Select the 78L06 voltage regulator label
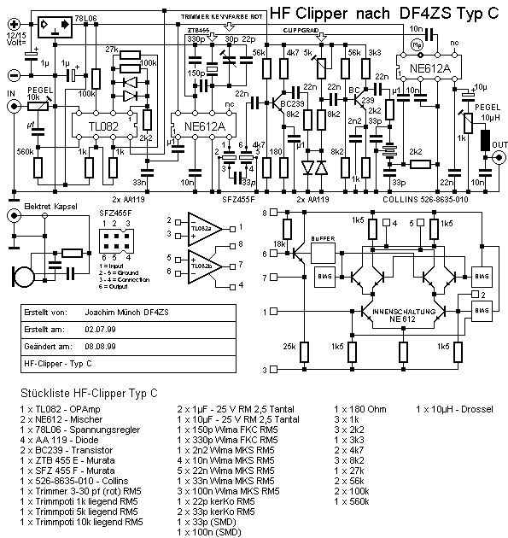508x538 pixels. coord(88,17)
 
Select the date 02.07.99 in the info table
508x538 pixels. coord(100,328)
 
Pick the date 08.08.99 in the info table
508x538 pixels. coord(100,347)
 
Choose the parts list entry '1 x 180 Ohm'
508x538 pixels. coord(359,410)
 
